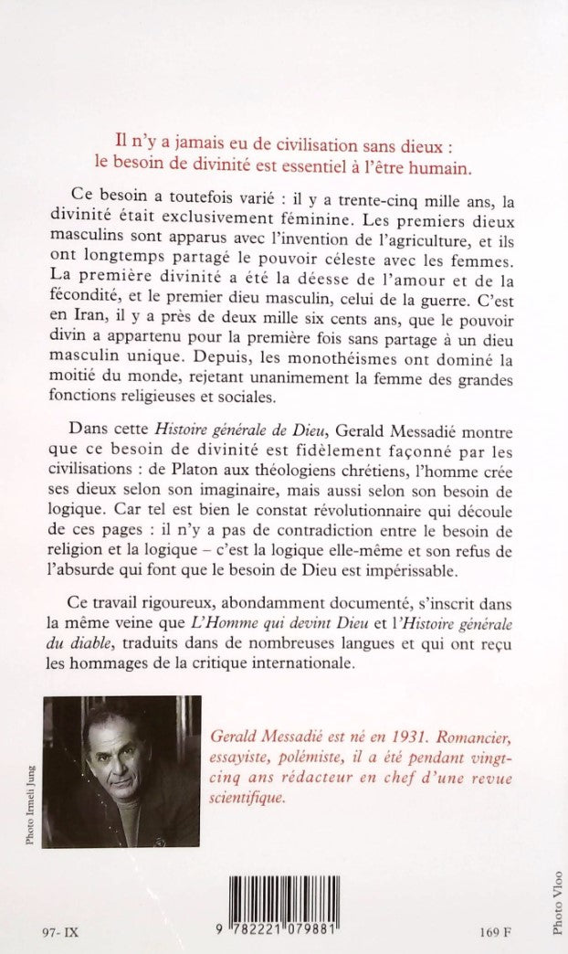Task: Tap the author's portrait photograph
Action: pos(121,758)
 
